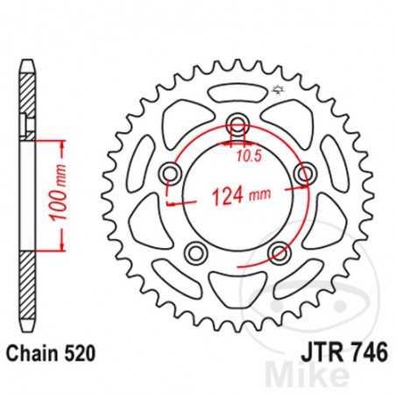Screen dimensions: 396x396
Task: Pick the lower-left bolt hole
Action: (x=195, y=255)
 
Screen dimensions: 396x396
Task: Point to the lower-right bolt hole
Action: (x=279, y=255)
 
